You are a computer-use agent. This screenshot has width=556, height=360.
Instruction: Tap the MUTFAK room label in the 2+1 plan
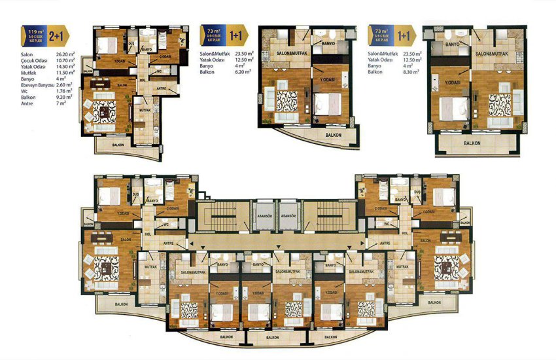tap(145, 111)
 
